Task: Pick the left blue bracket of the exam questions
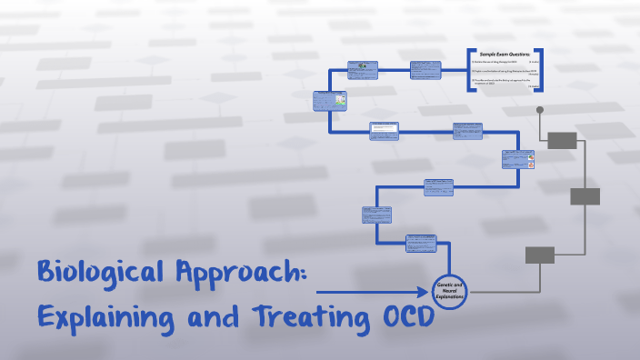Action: point(468,70)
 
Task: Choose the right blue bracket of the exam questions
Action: point(541,70)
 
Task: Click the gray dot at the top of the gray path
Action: point(540,110)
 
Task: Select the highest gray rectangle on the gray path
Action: point(562,140)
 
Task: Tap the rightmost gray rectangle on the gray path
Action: point(585,196)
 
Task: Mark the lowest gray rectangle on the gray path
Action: point(540,255)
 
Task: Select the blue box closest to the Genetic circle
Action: point(421,245)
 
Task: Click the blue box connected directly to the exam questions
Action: point(425,69)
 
